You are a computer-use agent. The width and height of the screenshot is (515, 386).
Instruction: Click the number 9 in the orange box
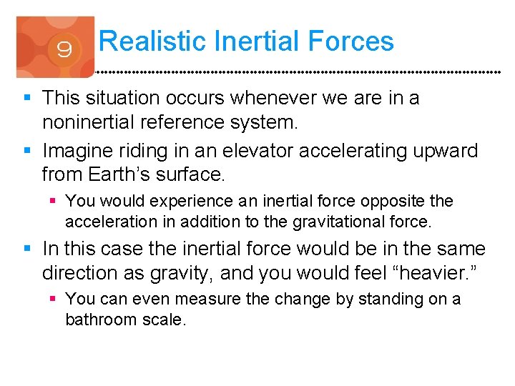(63, 51)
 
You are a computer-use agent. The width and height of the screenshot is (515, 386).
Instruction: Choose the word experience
(192, 202)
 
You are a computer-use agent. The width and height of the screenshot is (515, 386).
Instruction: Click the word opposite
(400, 202)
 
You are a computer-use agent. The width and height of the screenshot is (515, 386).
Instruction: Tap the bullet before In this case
(27, 249)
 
